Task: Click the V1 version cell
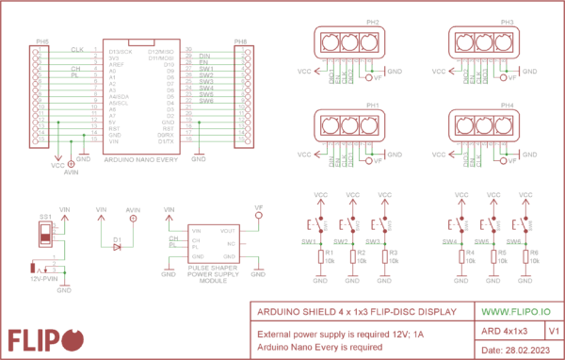[x=553, y=331]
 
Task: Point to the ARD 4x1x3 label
[x=503, y=332]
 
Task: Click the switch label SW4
[x=449, y=241]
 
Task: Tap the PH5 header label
[x=41, y=42]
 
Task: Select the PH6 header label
[x=240, y=42]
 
